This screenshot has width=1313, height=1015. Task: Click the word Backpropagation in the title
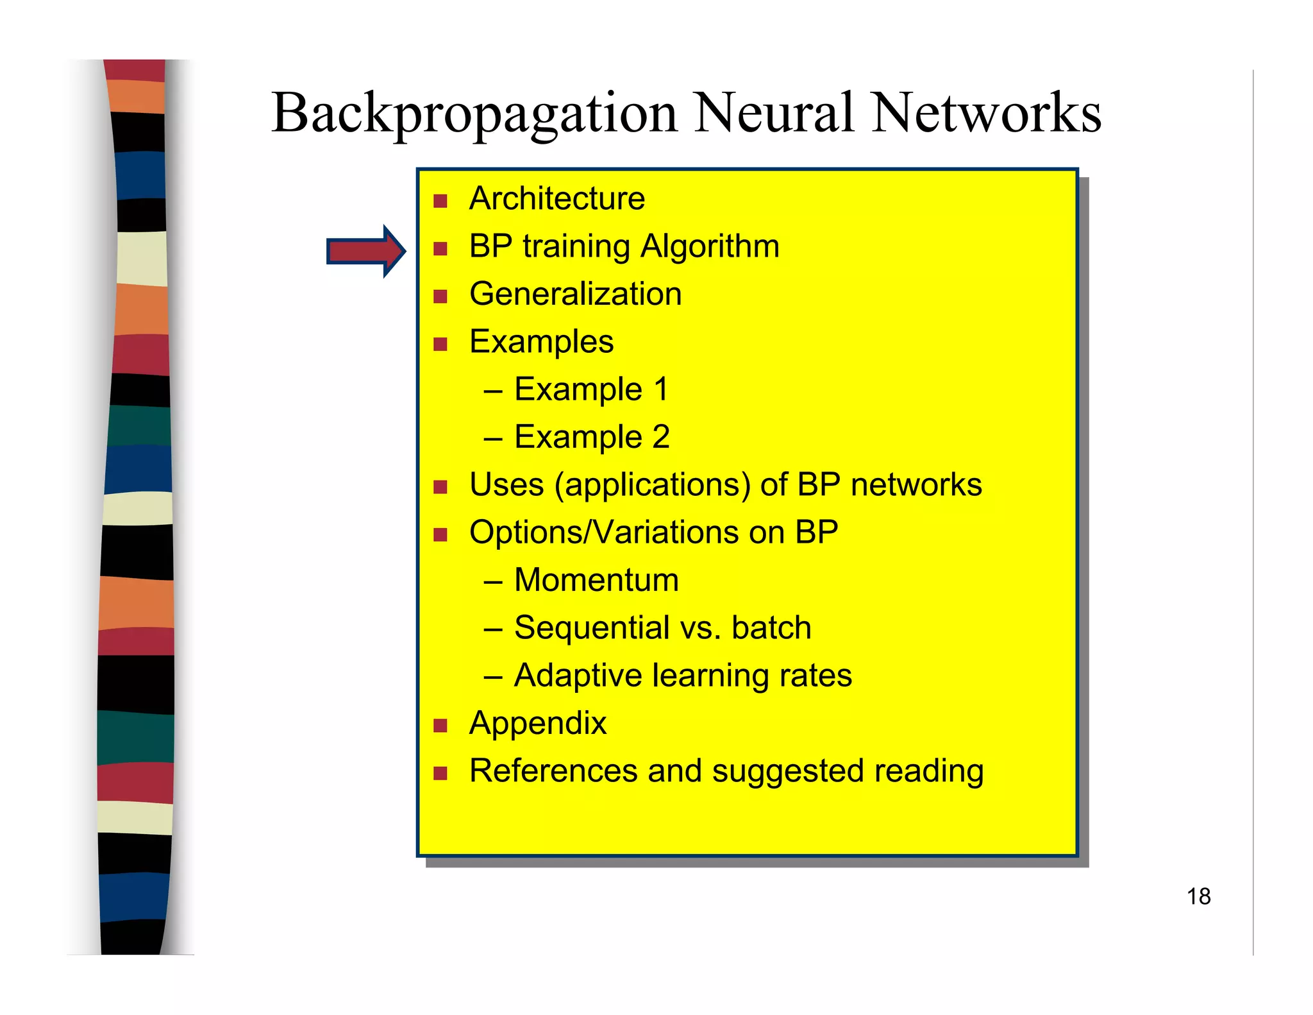[474, 114]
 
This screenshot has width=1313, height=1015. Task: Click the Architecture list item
[556, 198]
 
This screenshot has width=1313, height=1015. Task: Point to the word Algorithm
[710, 246]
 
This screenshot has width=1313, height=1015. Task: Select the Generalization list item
[575, 294]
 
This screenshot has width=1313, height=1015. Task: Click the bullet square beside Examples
[440, 345]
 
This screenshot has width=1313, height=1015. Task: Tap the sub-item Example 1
[590, 389]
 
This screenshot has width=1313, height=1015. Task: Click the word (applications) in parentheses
[652, 486]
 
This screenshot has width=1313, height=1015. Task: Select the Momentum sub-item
[596, 580]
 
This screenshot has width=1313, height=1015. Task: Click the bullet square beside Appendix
[440, 726]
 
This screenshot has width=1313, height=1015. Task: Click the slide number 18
[1198, 896]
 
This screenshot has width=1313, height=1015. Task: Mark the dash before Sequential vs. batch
[492, 629]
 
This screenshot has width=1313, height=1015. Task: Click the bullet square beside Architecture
[440, 201]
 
